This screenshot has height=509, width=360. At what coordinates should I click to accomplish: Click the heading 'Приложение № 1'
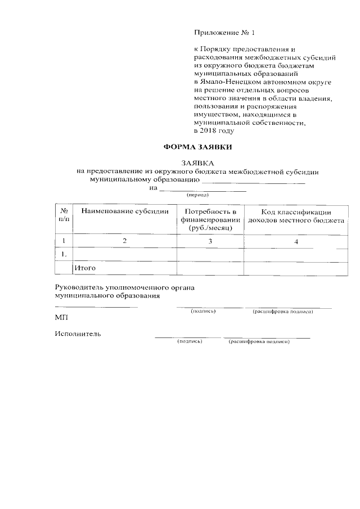[x=220, y=33]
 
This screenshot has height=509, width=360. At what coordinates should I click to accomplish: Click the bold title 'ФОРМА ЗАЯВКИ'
[x=197, y=148]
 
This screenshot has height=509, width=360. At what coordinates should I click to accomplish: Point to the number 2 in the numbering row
[x=125, y=241]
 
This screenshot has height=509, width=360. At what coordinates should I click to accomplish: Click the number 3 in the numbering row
[x=209, y=241]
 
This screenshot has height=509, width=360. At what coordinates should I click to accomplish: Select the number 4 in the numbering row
[x=295, y=242]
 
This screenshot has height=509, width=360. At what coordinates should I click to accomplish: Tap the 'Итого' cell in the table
[x=85, y=268]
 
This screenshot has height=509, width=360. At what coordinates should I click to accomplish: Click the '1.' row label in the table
[x=64, y=255]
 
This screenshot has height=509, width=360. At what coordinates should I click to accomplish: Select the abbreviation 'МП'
[x=61, y=318]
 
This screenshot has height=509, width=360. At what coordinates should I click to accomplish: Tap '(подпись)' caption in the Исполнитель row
[x=190, y=341]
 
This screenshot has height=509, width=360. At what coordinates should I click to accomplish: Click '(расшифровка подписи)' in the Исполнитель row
[x=258, y=341]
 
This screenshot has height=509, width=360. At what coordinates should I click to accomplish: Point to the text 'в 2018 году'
[x=213, y=131]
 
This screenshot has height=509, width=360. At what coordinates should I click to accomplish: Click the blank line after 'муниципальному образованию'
[x=253, y=182]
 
